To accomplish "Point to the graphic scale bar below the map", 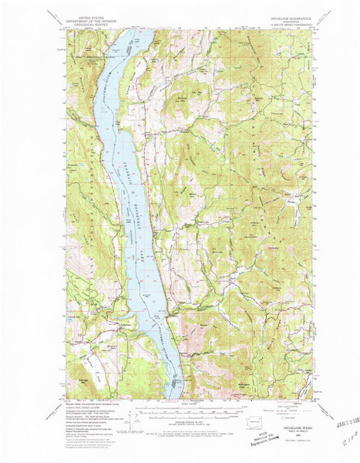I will coord(179,410).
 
